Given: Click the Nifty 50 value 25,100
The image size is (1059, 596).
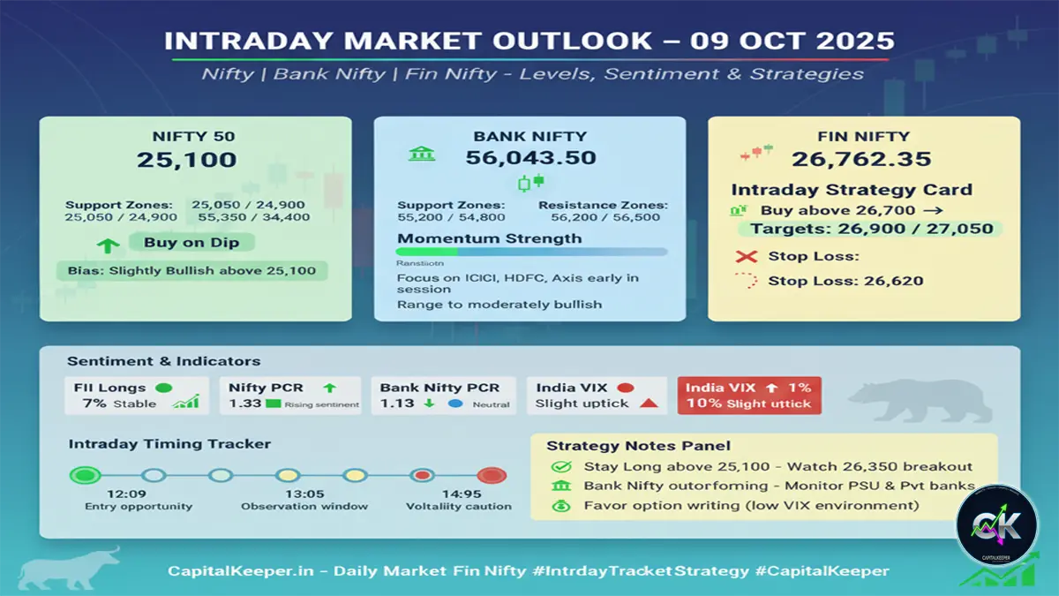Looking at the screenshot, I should point(186,160).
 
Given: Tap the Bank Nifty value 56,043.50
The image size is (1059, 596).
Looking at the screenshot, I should point(530,158).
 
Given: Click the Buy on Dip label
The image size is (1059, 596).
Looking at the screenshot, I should point(192,243).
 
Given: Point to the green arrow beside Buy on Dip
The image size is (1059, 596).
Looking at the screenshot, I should point(108,245).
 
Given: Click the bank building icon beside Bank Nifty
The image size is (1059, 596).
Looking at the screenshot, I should point(421,154).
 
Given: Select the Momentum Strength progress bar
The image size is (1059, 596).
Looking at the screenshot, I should point(531,252).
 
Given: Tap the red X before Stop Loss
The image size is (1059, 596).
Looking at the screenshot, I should point(747,257).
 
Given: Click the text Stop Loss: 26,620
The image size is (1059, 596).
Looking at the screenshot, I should point(845,281).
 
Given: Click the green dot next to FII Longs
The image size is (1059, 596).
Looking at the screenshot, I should point(162,388).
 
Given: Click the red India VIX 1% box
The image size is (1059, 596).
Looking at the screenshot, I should point(748,396).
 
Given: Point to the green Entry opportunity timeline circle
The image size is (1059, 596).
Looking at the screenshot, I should point(85,476).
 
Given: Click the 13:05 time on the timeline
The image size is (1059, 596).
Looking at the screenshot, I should point(304,494).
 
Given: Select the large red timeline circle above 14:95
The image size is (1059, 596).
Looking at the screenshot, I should point(491,476).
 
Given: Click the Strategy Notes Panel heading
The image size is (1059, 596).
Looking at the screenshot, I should point(638,446).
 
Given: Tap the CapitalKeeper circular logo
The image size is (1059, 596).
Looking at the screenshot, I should point(996,525).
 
